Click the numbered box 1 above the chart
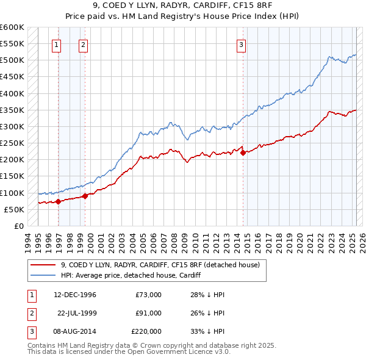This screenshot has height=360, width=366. tap(56, 44)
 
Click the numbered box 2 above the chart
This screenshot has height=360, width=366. tap(82, 44)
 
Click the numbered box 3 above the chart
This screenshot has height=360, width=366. tap(241, 44)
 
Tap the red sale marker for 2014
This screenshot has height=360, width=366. tap(243, 153)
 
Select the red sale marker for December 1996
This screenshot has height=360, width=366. tap(59, 201)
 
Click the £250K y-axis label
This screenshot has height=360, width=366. tap(13, 143)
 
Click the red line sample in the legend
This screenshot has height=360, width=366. tap(43, 265)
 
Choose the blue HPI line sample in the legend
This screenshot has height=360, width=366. tap(43, 275)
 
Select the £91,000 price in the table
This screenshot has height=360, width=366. tap(148, 313)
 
